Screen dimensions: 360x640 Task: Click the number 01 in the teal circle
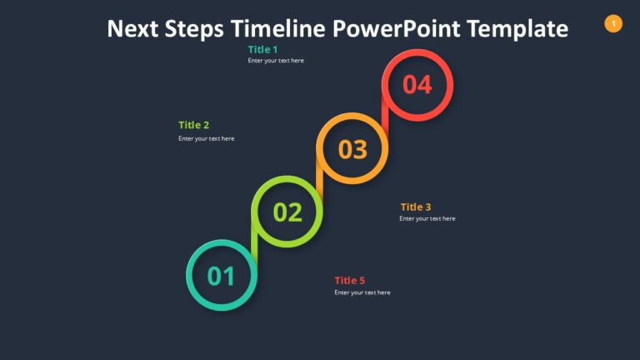pyautogui.click(x=221, y=276)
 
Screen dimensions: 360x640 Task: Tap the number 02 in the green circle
pyautogui.click(x=287, y=212)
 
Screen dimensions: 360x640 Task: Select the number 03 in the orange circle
pyautogui.click(x=352, y=149)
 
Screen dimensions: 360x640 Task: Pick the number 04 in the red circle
pyautogui.click(x=417, y=85)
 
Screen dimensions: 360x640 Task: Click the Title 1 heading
pyautogui.click(x=262, y=49)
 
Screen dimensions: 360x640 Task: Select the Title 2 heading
pyautogui.click(x=193, y=125)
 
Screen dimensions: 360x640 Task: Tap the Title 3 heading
pyautogui.click(x=416, y=207)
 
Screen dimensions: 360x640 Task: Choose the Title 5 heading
pyautogui.click(x=350, y=280)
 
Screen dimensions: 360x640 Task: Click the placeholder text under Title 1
pyautogui.click(x=276, y=61)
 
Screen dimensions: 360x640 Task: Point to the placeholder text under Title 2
pyautogui.click(x=206, y=138)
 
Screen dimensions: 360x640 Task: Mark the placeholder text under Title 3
pyautogui.click(x=427, y=218)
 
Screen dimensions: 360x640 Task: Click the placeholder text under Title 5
pyautogui.click(x=362, y=292)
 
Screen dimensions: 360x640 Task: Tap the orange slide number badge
pyautogui.click(x=613, y=24)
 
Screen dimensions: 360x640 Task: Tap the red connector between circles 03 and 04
pyautogui.click(x=386, y=117)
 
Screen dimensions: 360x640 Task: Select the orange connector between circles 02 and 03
pyautogui.click(x=320, y=181)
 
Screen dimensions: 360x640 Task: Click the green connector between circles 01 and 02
pyautogui.click(x=254, y=244)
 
